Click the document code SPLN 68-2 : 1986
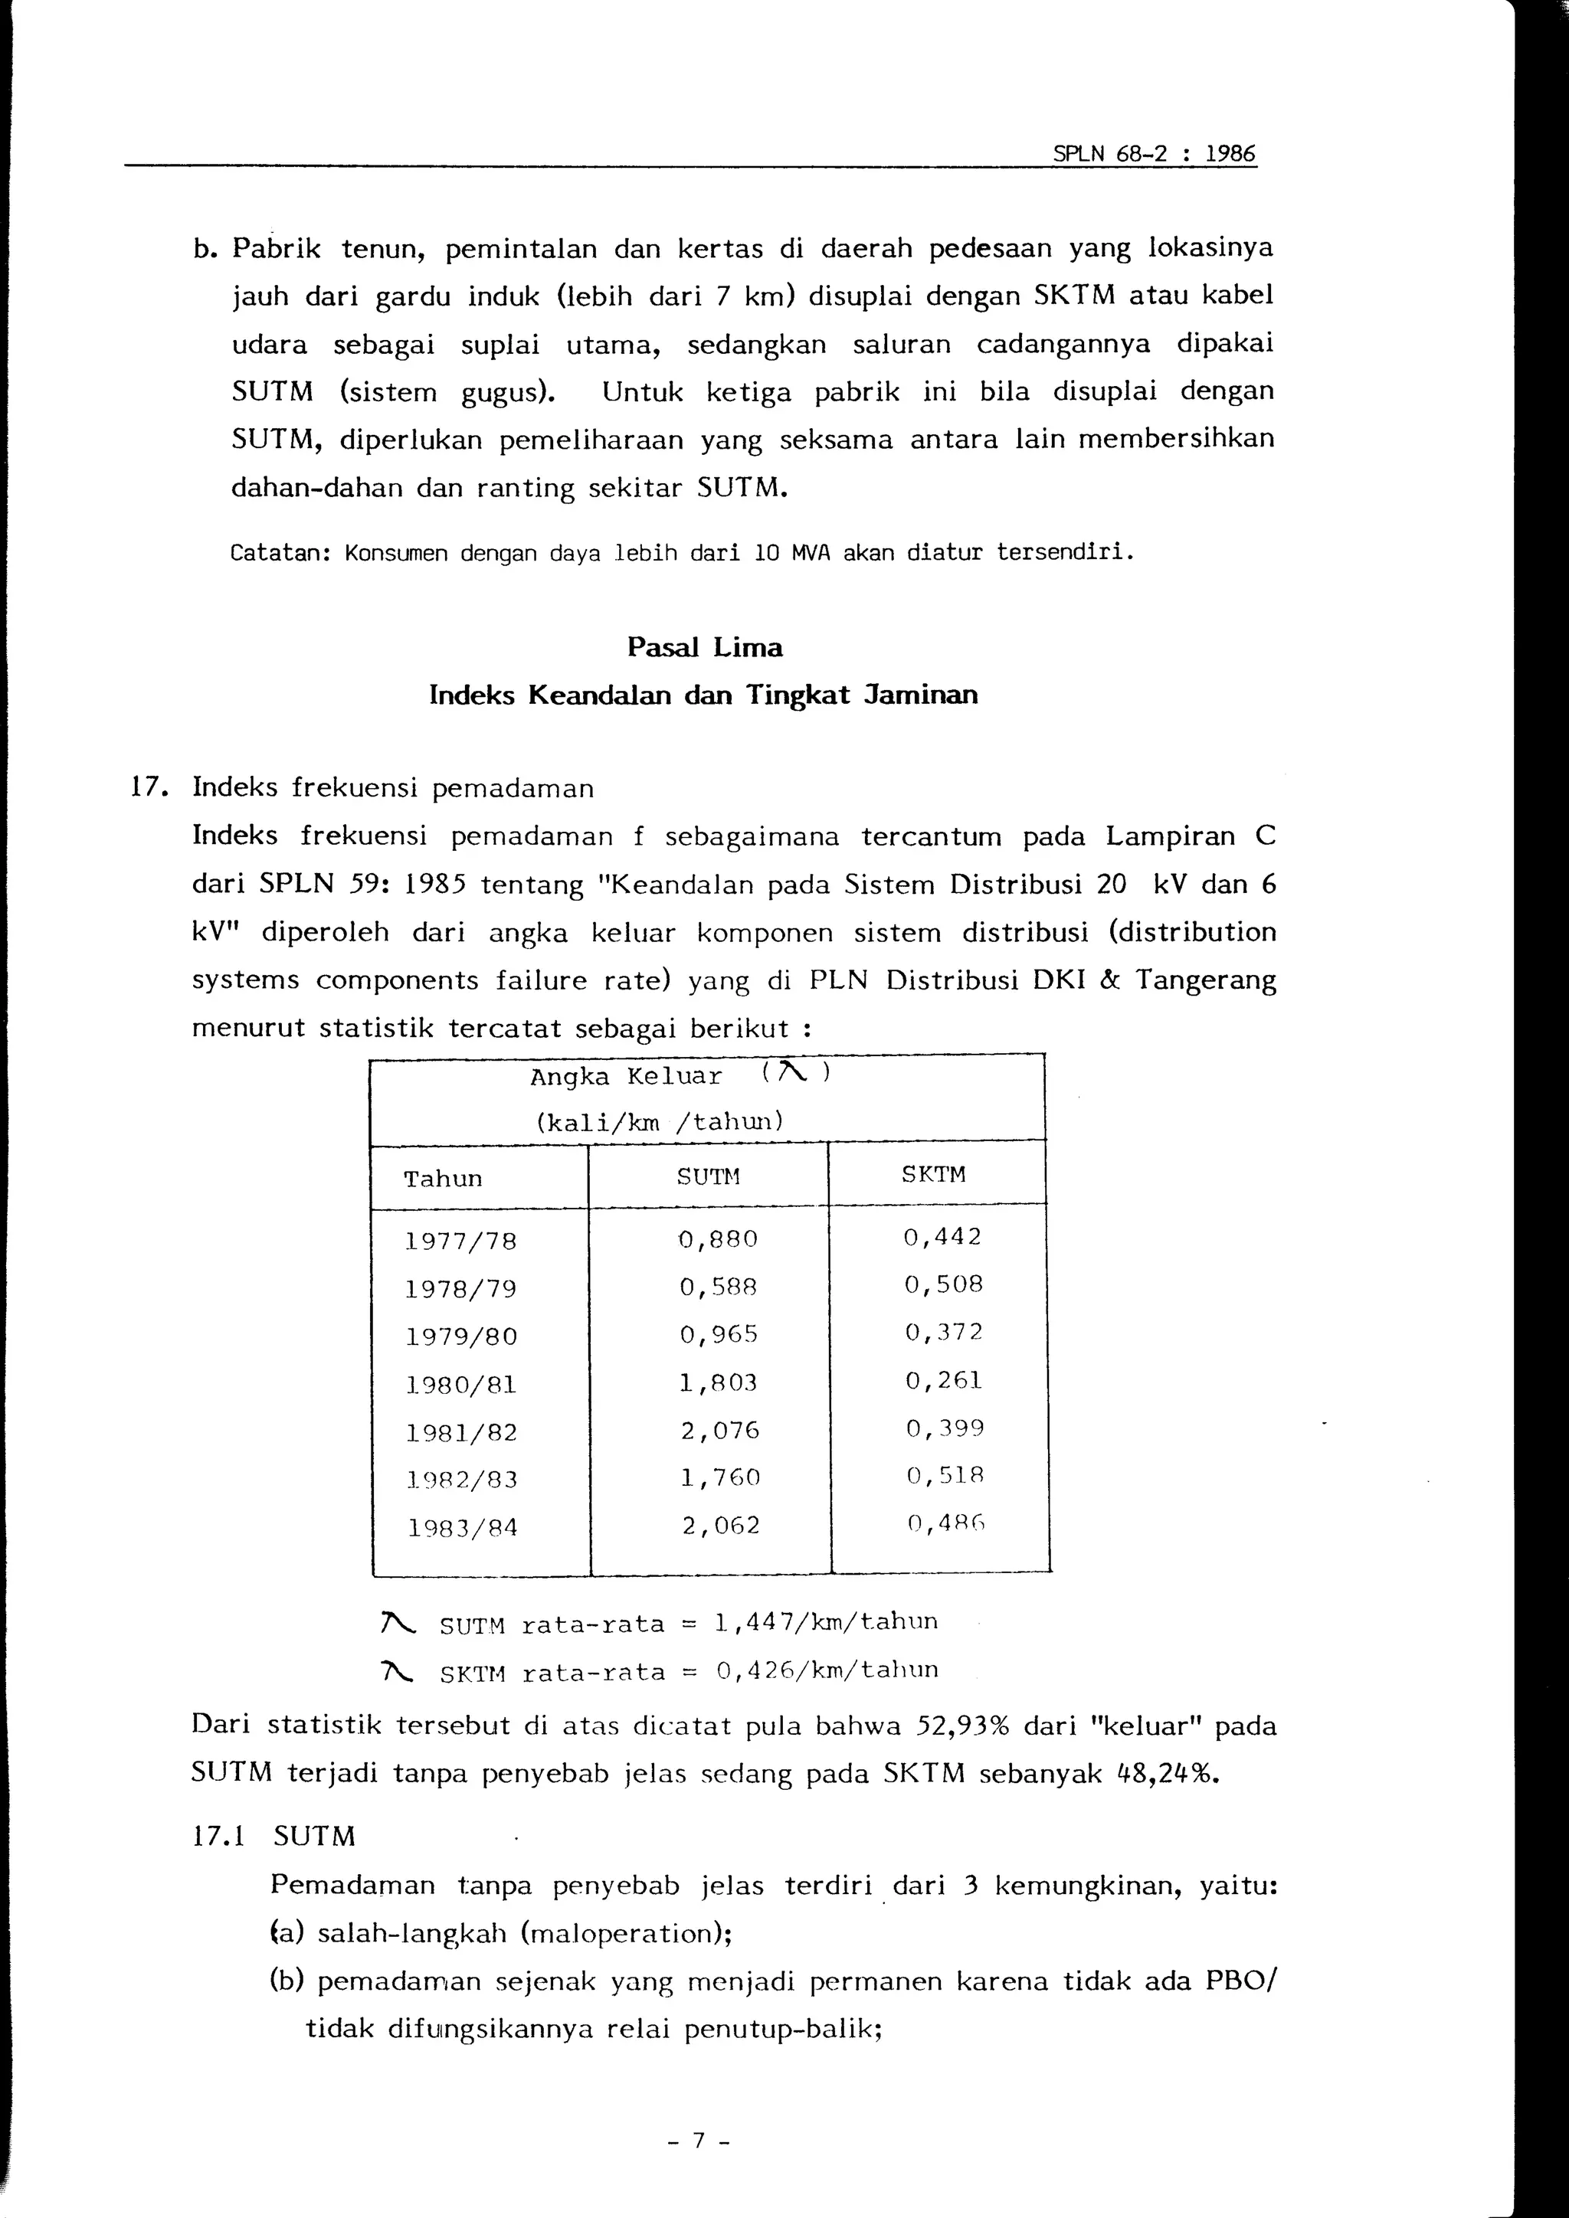(x=1154, y=154)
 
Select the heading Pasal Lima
(x=704, y=647)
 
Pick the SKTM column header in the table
(x=933, y=1175)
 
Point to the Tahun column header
(x=444, y=1179)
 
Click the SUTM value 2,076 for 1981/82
(x=720, y=1430)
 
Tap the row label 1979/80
(x=461, y=1337)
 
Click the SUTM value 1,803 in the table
(x=718, y=1383)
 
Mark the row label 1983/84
(x=461, y=1528)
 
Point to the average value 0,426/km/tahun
(x=827, y=1670)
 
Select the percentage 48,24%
(x=1158, y=1775)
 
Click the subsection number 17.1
(x=218, y=1837)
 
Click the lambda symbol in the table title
(x=791, y=1071)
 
